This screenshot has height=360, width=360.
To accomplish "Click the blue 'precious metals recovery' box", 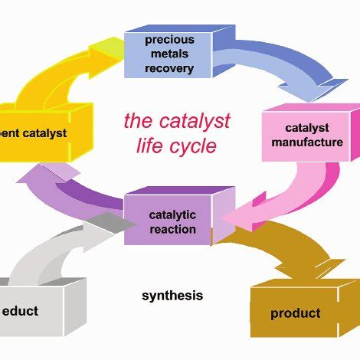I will (169, 54).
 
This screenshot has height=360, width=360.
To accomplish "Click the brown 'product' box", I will (295, 313).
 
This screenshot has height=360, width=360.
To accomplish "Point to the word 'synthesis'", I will (172, 296).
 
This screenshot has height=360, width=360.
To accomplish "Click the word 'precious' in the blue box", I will (169, 40).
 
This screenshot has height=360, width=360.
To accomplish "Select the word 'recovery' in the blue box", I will (169, 69).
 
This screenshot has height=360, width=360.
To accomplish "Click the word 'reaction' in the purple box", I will (173, 229).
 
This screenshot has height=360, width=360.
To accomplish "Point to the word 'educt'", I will (21, 311).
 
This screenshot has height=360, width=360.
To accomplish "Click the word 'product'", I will (295, 313).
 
